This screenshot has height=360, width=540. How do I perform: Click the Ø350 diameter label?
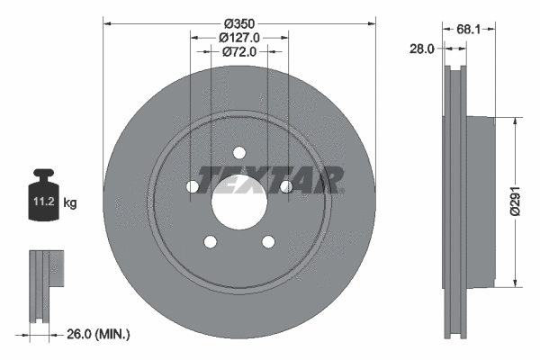238,22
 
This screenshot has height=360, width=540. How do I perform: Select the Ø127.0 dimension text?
239,37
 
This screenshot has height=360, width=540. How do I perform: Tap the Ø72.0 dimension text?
239,52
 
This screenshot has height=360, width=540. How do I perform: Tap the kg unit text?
70,203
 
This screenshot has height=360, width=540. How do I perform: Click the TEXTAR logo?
271,180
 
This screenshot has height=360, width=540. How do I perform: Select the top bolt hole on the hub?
238,153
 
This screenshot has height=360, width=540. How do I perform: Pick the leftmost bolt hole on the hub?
192,186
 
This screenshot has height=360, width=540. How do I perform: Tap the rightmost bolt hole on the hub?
285,186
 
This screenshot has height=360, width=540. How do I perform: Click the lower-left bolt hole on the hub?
210,241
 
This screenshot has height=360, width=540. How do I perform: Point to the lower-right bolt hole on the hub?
267,241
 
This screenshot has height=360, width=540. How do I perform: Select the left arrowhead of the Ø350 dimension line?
106,22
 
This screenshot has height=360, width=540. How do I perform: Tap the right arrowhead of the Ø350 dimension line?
371,22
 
